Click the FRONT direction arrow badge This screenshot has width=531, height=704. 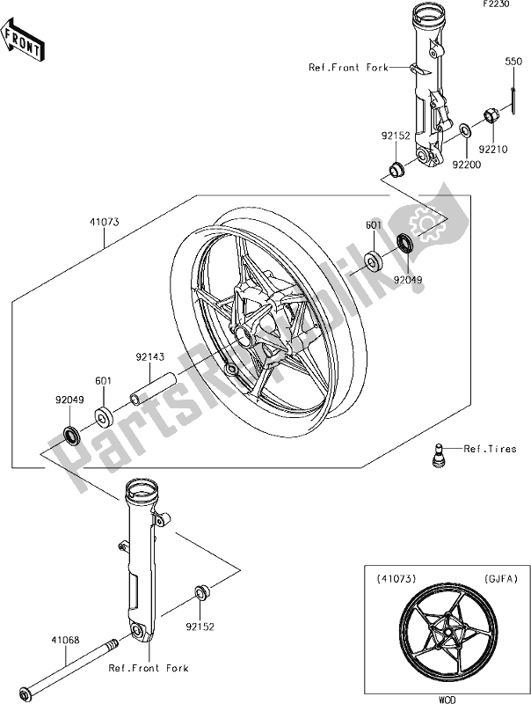23,42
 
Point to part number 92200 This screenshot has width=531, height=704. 467,164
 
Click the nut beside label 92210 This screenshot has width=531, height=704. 493,114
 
